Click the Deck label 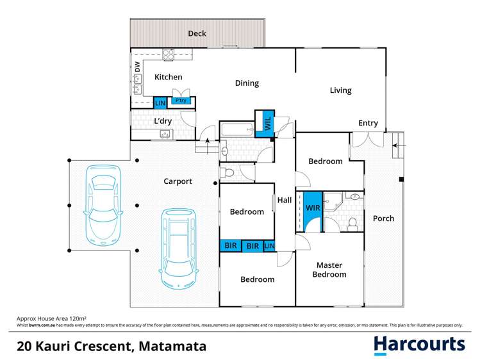click(x=197, y=33)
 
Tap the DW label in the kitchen click(x=137, y=65)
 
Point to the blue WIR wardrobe click(x=312, y=209)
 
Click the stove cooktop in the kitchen click(x=169, y=54)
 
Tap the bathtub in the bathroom click(x=239, y=130)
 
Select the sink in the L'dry click(x=165, y=134)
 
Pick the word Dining click(x=247, y=83)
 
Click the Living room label click(x=340, y=90)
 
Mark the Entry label click(x=368, y=123)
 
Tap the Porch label click(x=383, y=218)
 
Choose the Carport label click(x=178, y=181)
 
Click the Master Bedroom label click(x=329, y=270)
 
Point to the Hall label click(x=285, y=200)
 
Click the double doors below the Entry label click(x=368, y=140)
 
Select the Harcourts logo click(x=419, y=345)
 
